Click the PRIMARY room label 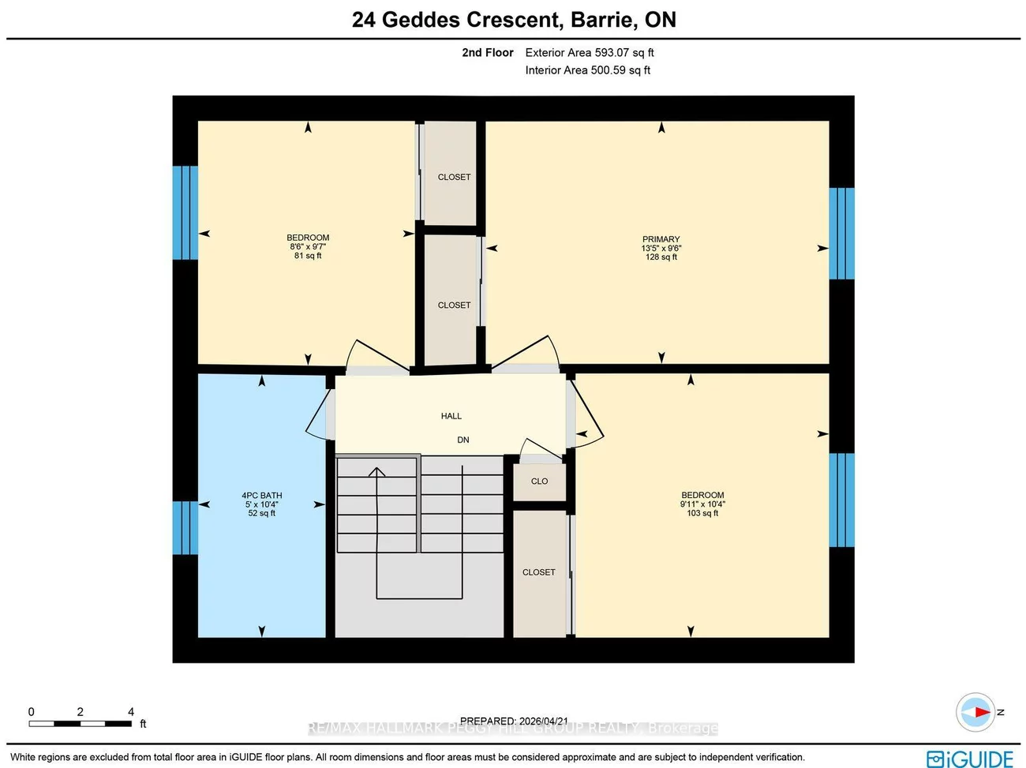(x=661, y=239)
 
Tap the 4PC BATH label (x=261, y=496)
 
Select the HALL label (x=451, y=416)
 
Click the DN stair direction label (x=463, y=440)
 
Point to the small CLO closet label (x=539, y=481)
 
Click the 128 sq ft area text (x=661, y=257)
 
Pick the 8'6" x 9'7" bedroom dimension (x=308, y=247)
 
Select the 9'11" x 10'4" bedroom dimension (x=702, y=504)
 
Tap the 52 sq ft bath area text (x=261, y=514)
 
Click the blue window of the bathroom (x=185, y=527)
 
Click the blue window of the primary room (x=841, y=234)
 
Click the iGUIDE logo (x=970, y=759)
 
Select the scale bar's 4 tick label (x=131, y=712)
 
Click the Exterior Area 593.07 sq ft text (x=590, y=53)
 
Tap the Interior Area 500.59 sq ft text (x=588, y=70)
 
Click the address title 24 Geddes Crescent (x=514, y=20)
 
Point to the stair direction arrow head (x=376, y=472)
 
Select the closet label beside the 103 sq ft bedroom (x=539, y=572)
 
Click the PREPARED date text (x=514, y=721)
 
